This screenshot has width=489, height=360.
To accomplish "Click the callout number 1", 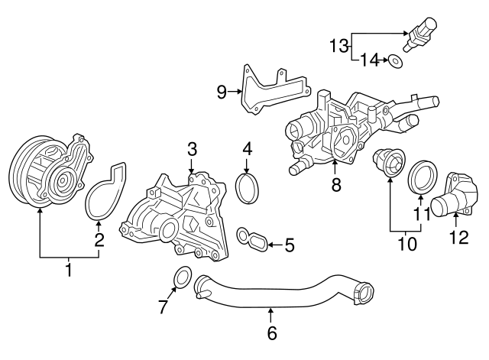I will click(x=69, y=269).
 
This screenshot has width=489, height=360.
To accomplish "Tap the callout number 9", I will click(x=222, y=92).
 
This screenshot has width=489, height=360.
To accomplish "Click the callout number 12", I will click(x=458, y=238).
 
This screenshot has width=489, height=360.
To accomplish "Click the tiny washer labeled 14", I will click(x=395, y=59).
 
